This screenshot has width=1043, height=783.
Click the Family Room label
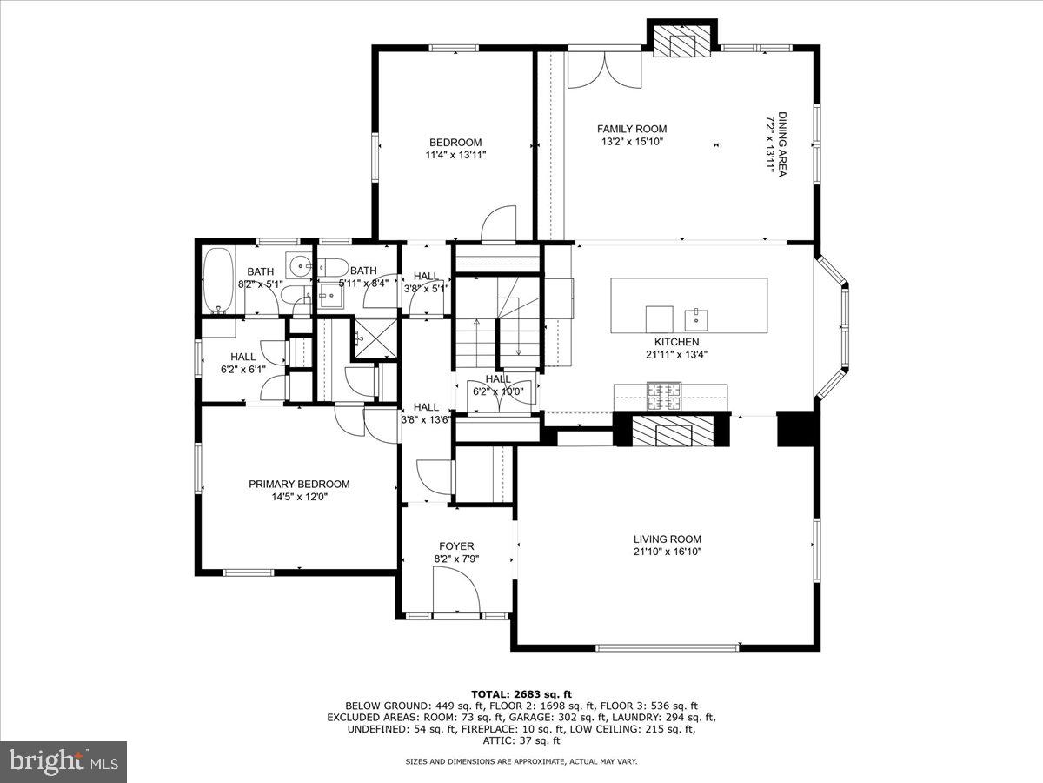[x=632, y=129]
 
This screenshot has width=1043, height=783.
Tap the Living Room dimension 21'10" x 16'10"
[x=667, y=552]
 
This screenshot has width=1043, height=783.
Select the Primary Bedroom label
[x=299, y=484]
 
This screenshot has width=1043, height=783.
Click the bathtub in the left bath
[x=217, y=280]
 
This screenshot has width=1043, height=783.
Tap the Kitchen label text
[x=676, y=342]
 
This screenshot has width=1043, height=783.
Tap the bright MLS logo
[x=63, y=761]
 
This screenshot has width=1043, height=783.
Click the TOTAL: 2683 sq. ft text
[x=521, y=693]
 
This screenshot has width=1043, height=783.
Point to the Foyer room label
[x=456, y=546]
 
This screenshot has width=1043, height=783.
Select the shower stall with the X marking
[x=375, y=339]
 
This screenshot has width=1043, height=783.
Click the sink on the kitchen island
[x=696, y=314]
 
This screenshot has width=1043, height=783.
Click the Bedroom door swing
[x=500, y=224]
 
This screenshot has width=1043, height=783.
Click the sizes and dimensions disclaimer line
[x=521, y=761]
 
